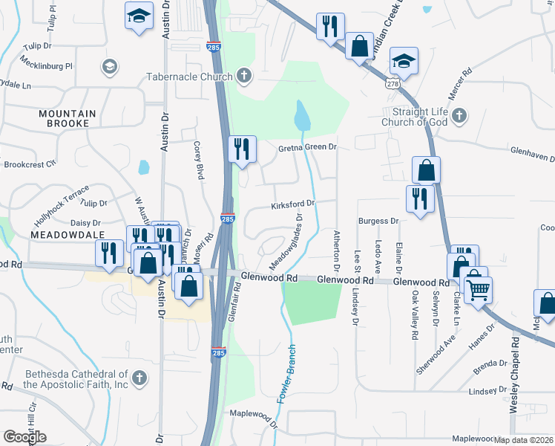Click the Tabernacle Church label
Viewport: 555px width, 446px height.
pyautogui.click(x=190, y=76)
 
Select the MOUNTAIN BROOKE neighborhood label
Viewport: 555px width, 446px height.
pyautogui.click(x=69, y=118)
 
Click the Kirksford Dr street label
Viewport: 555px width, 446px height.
pyautogui.click(x=293, y=202)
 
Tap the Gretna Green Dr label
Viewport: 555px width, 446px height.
pyautogui.click(x=307, y=148)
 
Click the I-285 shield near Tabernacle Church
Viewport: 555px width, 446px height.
pyautogui.click(x=214, y=45)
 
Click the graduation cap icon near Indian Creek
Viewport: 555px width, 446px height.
pyautogui.click(x=404, y=60)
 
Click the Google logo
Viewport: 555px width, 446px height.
pyautogui.click(x=25, y=436)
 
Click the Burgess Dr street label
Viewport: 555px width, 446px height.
pyautogui.click(x=378, y=221)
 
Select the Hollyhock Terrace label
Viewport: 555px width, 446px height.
pyautogui.click(x=62, y=211)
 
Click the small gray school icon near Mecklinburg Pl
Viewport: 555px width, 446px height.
pyautogui.click(x=110, y=67)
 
